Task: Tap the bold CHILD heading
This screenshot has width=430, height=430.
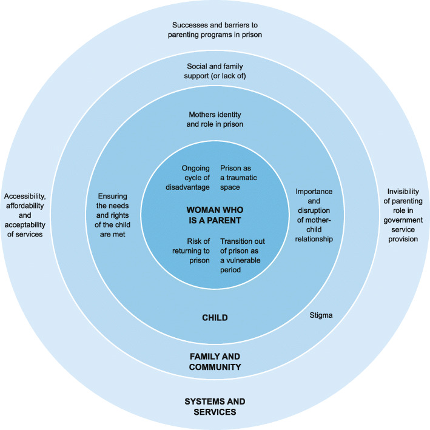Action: [x=214, y=317]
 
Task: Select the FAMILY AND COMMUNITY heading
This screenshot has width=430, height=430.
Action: [x=214, y=361]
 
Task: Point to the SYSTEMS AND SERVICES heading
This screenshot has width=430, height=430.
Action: [x=214, y=406]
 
